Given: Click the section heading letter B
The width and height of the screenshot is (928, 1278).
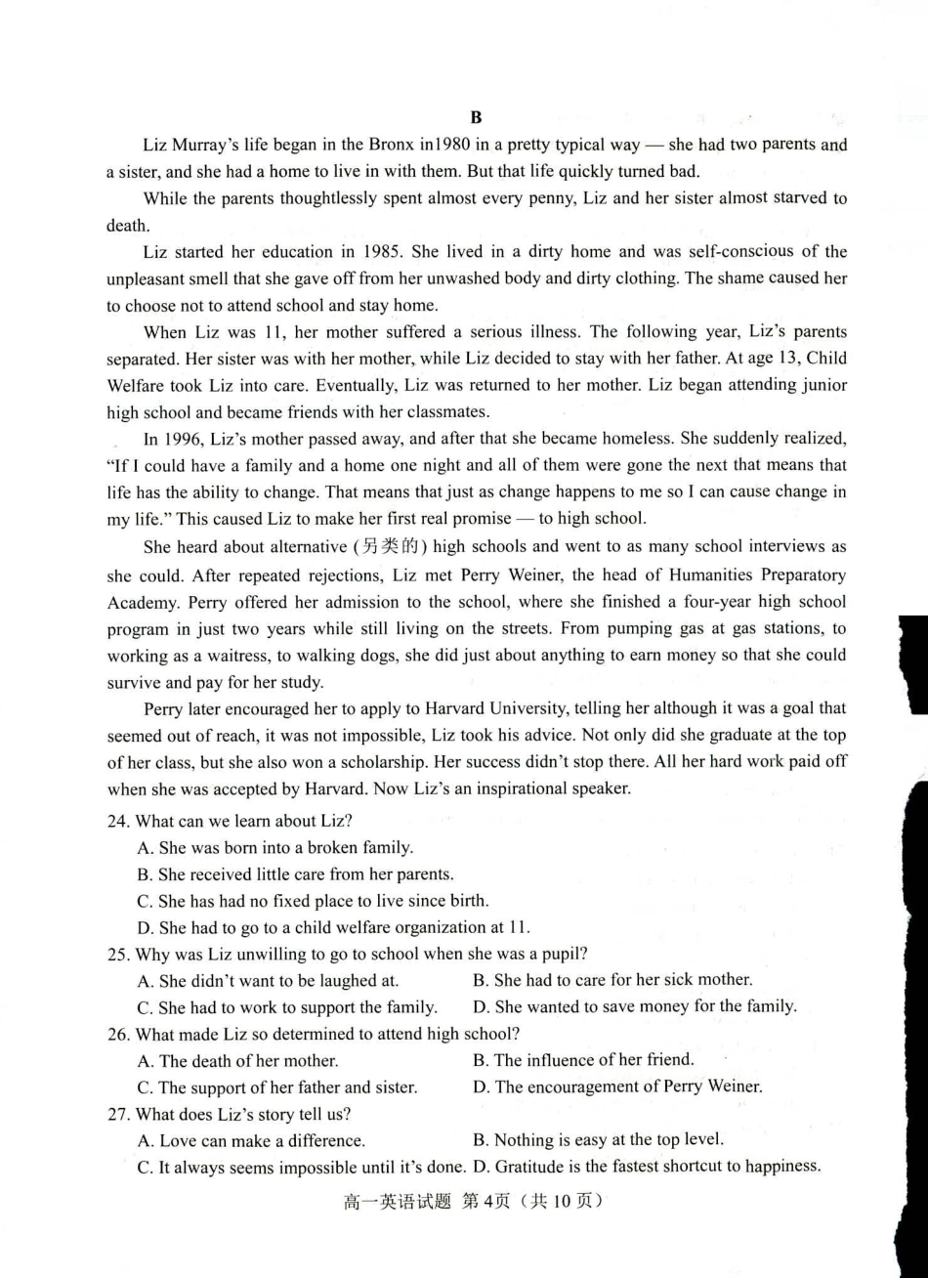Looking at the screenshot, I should (x=477, y=117).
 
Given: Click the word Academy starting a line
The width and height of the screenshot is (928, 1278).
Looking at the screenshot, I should (x=143, y=601).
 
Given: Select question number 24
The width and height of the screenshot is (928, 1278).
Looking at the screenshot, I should (x=117, y=821).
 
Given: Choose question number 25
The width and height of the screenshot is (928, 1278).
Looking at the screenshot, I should (x=117, y=954).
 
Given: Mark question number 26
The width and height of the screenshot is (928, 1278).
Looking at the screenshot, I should (x=117, y=1034).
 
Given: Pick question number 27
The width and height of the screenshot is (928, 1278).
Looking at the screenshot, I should (x=117, y=1114).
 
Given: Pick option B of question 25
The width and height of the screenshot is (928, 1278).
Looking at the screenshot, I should (x=612, y=979).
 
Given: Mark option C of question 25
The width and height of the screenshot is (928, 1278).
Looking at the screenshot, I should (x=287, y=1007).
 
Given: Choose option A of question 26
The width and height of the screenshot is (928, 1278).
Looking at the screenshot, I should (x=238, y=1060).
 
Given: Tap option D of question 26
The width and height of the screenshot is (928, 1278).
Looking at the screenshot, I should (x=617, y=1086).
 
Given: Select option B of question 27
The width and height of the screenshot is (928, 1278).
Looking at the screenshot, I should (x=598, y=1139).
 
